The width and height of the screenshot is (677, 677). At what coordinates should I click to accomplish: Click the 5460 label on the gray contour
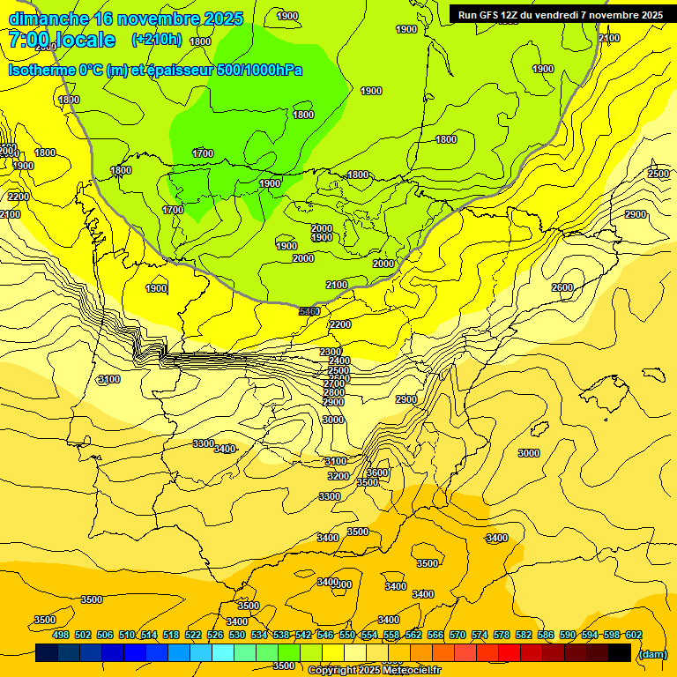coord(309,311)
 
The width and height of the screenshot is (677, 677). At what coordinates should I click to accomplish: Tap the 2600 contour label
coord(562,288)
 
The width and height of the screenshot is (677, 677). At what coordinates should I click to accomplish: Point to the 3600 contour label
coord(377,472)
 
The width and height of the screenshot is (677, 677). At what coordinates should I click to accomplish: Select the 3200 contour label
coord(338,476)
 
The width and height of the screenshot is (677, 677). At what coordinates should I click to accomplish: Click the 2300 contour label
coord(331,352)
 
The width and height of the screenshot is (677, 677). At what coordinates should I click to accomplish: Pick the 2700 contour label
coord(334,383)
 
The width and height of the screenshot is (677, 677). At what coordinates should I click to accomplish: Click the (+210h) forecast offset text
coord(156,39)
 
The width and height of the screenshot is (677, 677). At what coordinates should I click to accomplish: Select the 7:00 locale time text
coord(63,40)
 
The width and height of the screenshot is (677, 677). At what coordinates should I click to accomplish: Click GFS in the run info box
coord(492,15)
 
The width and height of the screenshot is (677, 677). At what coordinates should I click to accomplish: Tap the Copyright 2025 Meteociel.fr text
coord(375,671)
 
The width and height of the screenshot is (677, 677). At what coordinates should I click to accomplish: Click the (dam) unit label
coord(652,653)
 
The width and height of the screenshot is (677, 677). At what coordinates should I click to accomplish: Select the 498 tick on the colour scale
coord(60,635)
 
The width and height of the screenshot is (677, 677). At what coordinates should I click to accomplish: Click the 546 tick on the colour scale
coord(324,635)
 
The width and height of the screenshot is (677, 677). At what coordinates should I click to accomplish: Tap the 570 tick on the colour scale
coord(458,635)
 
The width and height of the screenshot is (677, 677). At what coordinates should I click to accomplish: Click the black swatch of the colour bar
coord(620,652)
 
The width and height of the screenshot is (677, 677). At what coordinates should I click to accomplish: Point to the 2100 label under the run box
coord(609,38)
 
